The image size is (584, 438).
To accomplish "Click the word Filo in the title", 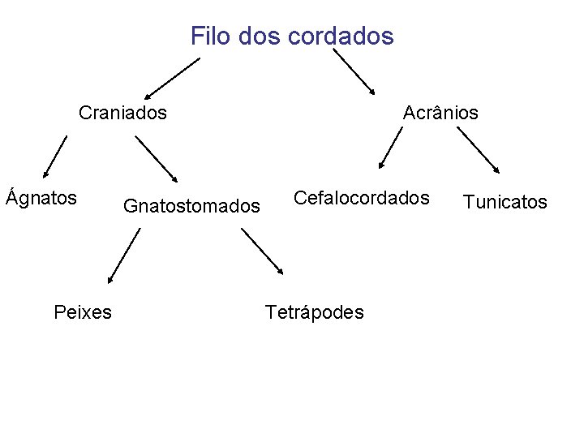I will [207, 36].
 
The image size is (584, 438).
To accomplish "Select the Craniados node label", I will [122, 112].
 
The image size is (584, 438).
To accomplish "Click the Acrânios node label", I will [440, 112].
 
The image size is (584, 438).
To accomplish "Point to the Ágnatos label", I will [41, 197].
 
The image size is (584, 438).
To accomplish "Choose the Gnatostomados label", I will [191, 207].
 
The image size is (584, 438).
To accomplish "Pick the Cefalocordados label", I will [361, 197].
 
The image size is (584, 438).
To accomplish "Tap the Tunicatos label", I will [505, 202].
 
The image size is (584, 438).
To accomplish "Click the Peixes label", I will [83, 311].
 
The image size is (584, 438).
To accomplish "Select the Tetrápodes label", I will [315, 311].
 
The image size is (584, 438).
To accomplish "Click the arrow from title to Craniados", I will [172, 78].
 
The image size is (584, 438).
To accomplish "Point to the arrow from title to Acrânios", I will [354, 71].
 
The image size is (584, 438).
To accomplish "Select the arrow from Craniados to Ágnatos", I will [56, 156].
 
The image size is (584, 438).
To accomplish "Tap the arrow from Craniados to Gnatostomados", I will [157, 158].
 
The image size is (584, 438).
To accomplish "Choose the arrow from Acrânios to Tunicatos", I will [479, 151].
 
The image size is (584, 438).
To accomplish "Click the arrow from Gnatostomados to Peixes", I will [123, 255].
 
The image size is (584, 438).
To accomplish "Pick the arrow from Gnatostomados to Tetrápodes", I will [263, 251].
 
